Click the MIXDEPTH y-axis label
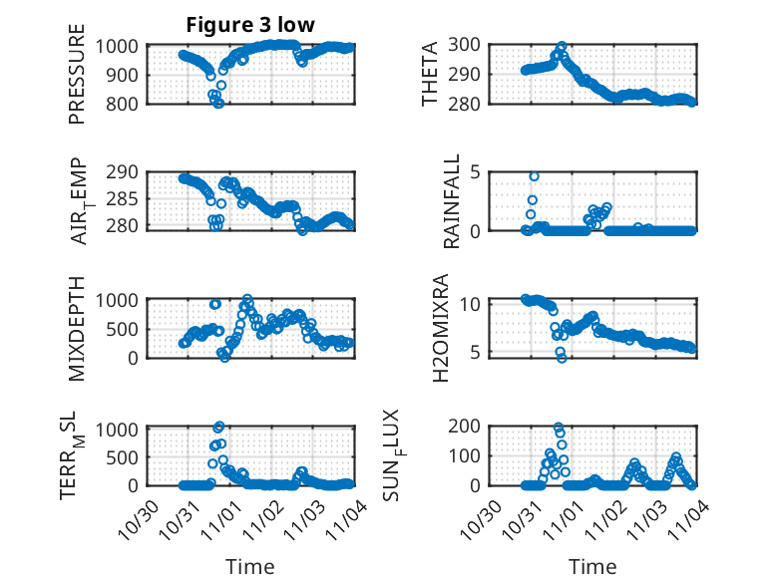pyautogui.click(x=77, y=328)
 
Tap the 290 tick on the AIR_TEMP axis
pyautogui.click(x=125, y=172)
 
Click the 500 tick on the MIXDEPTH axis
pyautogui.click(x=125, y=329)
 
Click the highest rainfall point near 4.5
pyautogui.click(x=534, y=176)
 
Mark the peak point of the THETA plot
pyautogui.click(x=563, y=46)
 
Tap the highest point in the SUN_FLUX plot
pyautogui.click(x=559, y=428)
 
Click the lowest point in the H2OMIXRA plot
pyautogui.click(x=562, y=358)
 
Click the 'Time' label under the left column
pyautogui.click(x=249, y=566)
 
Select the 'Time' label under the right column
pyautogui.click(x=592, y=566)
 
